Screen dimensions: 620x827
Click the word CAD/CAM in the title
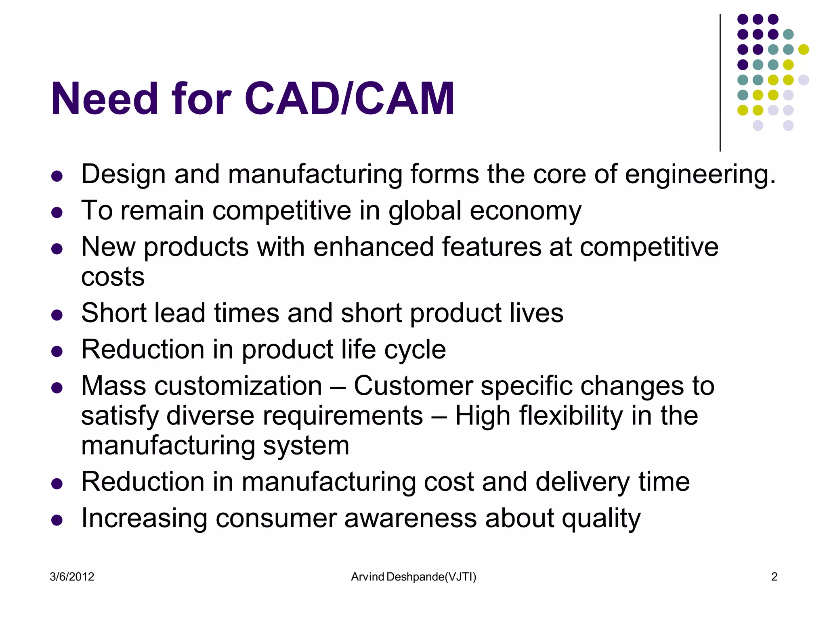coord(349,99)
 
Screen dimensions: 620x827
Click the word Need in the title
coord(104,99)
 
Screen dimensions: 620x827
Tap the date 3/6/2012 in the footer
coord(72,577)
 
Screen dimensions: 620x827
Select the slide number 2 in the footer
coord(774,577)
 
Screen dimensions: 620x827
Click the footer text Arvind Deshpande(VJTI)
coord(413,577)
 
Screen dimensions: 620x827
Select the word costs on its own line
coord(113,277)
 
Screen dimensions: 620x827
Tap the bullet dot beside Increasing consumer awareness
coord(57,520)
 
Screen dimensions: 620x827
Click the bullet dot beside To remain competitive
coord(57,212)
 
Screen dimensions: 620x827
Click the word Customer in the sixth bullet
coord(413,386)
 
